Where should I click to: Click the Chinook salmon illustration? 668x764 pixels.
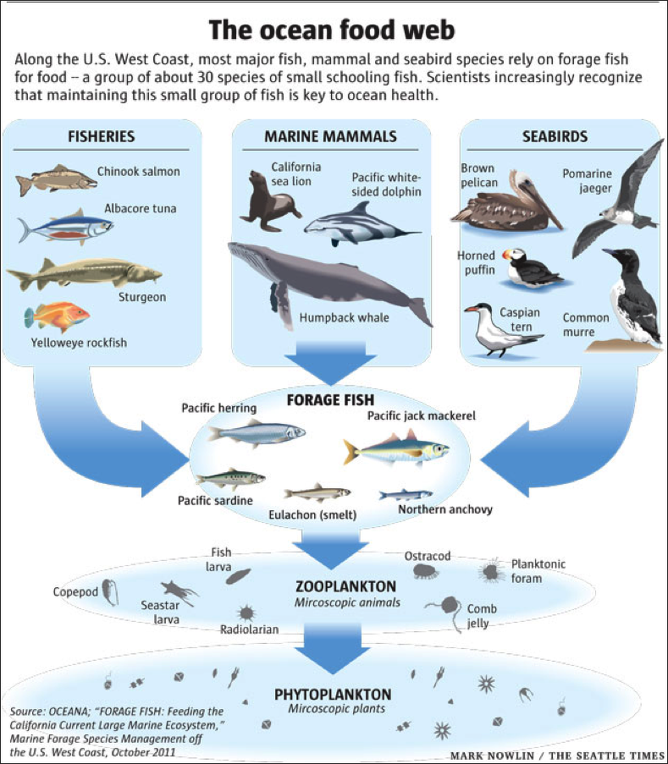(x=56, y=179)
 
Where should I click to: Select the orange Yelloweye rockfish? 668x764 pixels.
(x=58, y=316)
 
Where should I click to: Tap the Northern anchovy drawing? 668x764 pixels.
(x=406, y=494)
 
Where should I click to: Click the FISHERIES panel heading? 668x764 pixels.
(x=101, y=136)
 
